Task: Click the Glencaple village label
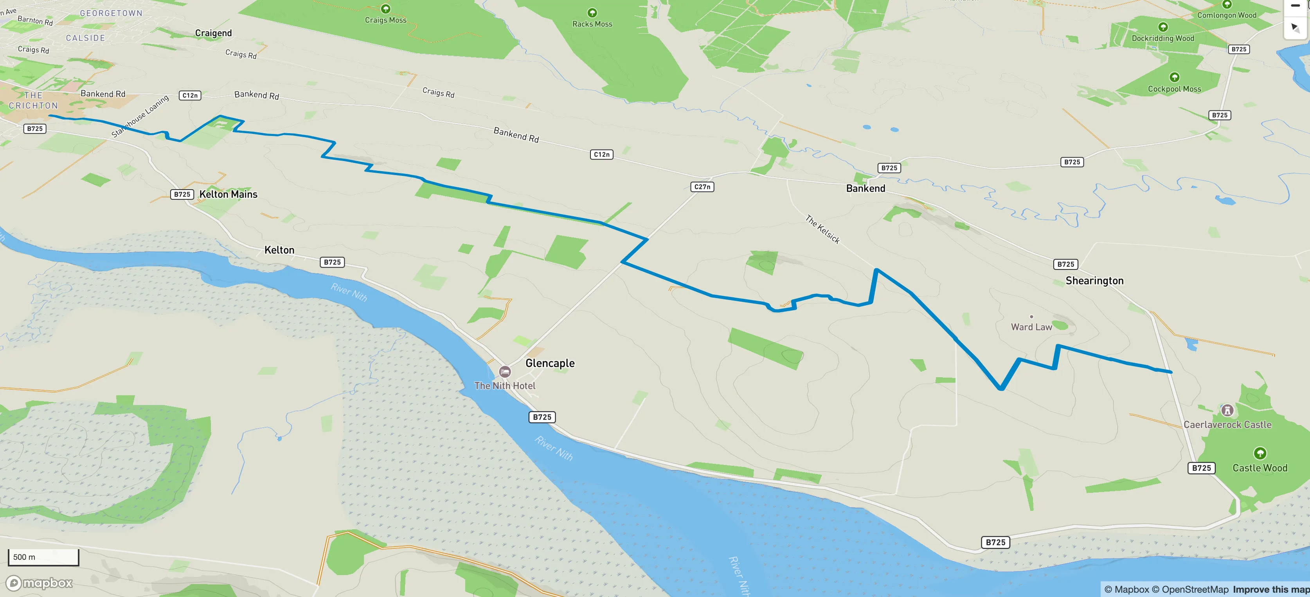[x=550, y=363]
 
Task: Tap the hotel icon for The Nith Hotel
[x=504, y=371]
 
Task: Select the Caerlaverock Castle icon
[x=1227, y=410]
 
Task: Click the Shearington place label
[x=1094, y=280]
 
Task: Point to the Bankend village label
[x=866, y=188]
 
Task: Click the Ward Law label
[x=1031, y=327]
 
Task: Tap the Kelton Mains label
[x=229, y=194]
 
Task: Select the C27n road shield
[x=702, y=187]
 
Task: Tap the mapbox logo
[x=39, y=583]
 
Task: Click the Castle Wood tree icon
[x=1260, y=453]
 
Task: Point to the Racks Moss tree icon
[x=592, y=13]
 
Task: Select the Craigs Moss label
[x=385, y=20]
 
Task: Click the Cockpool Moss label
[x=1174, y=89]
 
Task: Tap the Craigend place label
[x=213, y=33]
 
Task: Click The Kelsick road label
[x=822, y=229]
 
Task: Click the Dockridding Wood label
[x=1162, y=38]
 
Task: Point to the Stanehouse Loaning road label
[x=140, y=116]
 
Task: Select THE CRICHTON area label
[x=34, y=100]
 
